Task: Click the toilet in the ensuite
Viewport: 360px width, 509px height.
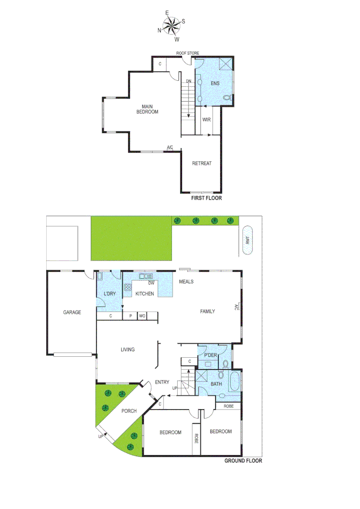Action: [228, 98]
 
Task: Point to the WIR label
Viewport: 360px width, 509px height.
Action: [206, 120]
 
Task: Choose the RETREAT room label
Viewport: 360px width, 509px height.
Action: [202, 164]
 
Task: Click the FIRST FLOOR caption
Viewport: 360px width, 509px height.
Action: [206, 198]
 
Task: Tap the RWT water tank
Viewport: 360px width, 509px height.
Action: [247, 240]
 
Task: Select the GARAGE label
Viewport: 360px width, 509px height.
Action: [72, 312]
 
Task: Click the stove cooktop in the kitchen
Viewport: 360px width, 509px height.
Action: [128, 287]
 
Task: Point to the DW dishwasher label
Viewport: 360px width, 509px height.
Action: [151, 283]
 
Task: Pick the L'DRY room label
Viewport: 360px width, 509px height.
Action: [109, 294]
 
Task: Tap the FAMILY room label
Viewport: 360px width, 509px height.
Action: [207, 311]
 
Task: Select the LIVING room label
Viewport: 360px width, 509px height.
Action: [127, 349]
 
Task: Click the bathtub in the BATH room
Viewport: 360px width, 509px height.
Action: [234, 381]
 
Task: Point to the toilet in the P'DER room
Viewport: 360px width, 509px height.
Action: [226, 364]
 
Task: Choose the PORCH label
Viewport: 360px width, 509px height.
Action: [128, 411]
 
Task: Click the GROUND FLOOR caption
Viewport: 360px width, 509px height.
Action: [243, 460]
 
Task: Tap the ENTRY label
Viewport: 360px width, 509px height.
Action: [162, 382]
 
